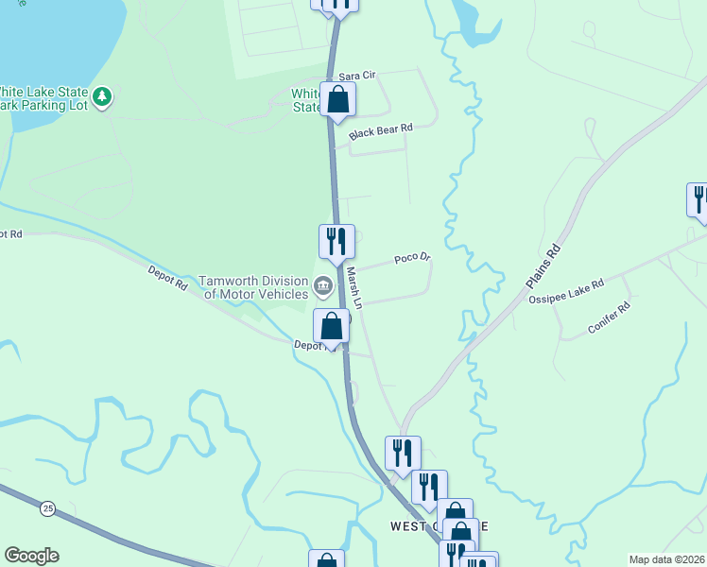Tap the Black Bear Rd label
(381, 132)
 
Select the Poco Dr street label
(412, 257)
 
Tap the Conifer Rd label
(608, 317)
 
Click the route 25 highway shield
(48, 508)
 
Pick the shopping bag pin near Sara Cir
(337, 99)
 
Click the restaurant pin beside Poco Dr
(336, 241)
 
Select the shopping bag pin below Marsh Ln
(332, 326)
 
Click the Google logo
(31, 556)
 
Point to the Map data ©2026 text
(666, 559)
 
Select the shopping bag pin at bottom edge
(326, 560)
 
